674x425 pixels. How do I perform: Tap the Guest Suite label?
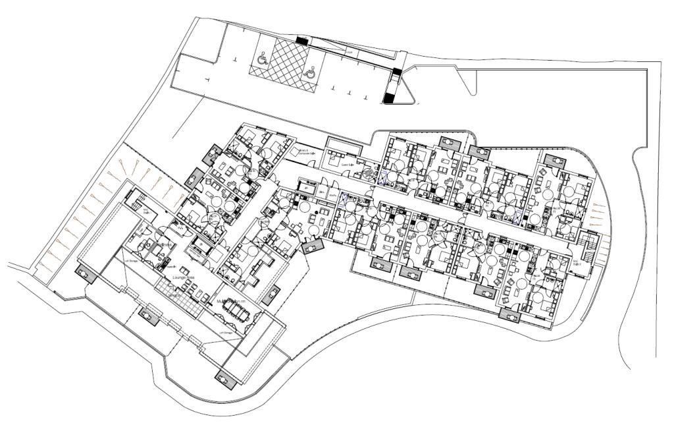(348, 164)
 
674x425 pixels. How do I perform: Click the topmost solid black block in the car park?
(301, 41)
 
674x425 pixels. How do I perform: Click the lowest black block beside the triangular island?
(390, 99)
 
